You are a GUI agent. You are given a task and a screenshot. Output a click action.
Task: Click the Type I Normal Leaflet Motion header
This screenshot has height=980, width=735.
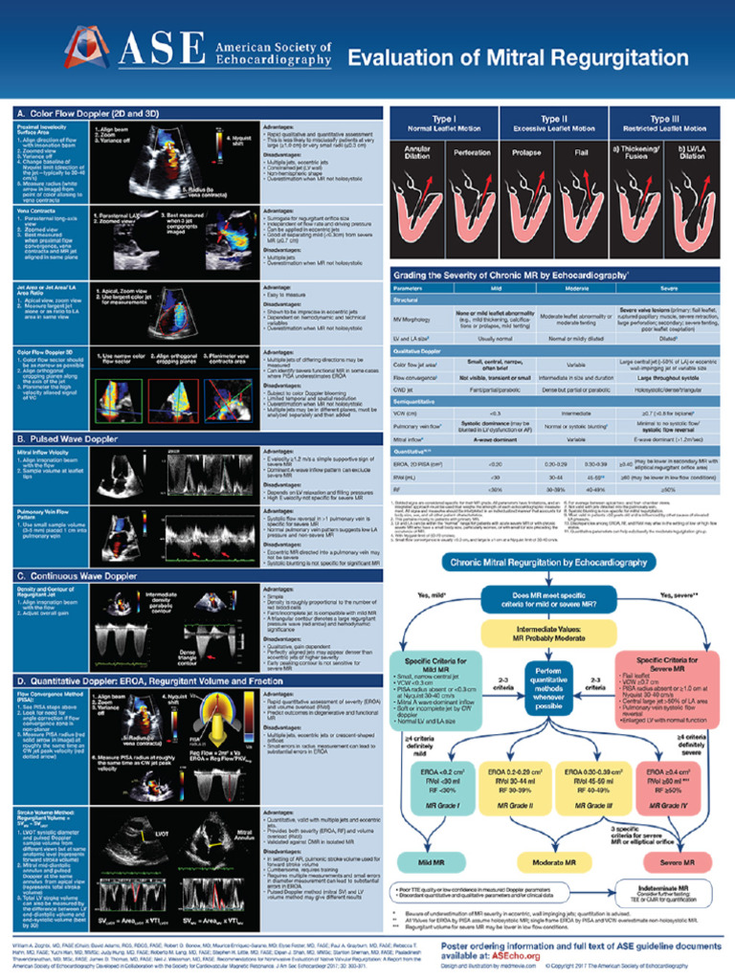click(444, 122)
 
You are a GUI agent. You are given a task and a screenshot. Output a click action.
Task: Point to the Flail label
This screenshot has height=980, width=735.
click(580, 152)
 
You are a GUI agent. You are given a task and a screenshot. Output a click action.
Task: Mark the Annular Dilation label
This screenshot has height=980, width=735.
click(418, 152)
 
